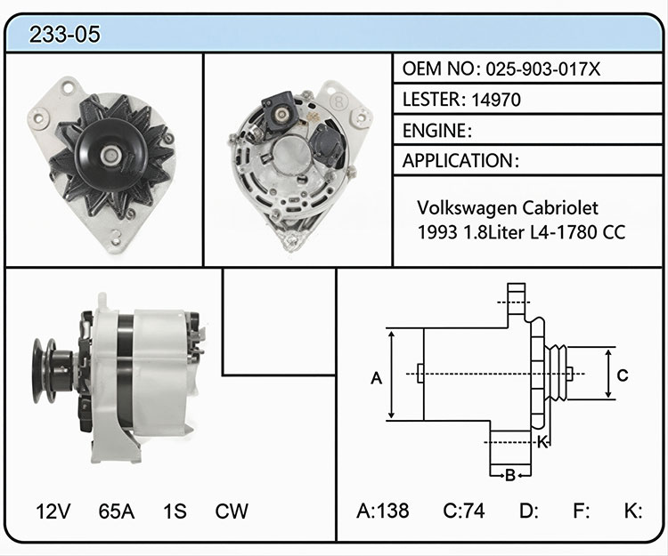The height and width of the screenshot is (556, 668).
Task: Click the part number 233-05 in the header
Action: (x=65, y=34)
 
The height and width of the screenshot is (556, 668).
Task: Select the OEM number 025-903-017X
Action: (x=543, y=68)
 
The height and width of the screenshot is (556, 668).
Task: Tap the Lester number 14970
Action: (x=496, y=100)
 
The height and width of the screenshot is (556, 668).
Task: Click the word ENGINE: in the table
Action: (x=437, y=131)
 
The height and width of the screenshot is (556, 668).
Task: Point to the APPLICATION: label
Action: (x=461, y=161)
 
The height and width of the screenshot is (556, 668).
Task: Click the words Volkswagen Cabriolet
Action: (x=508, y=207)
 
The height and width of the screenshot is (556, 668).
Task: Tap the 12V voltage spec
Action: (x=53, y=512)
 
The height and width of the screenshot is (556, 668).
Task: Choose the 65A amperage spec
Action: (x=117, y=512)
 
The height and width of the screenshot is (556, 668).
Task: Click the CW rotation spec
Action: (x=232, y=512)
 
